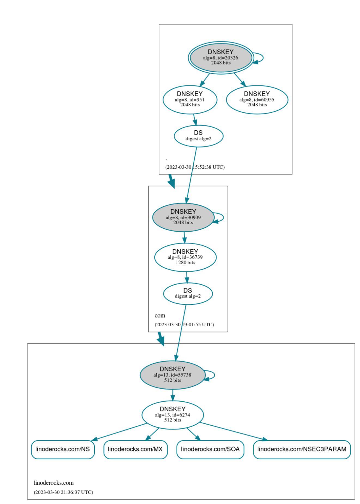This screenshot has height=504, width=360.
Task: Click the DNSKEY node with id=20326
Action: pos(221,57)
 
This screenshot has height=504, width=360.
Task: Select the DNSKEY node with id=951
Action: pos(190,99)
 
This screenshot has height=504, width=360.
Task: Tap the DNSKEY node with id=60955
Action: pos(257,99)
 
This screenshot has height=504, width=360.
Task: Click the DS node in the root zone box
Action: pos(199,136)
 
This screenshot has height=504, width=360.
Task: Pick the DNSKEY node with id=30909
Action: pos(183,217)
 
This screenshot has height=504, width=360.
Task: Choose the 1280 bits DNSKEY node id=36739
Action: pos(185,257)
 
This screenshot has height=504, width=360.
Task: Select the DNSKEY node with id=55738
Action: pos(172,374)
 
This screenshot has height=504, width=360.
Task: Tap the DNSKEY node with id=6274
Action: pos(172,414)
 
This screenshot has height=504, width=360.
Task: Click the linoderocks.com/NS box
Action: pos(63,449)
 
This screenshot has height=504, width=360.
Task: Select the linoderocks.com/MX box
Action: pos(135,449)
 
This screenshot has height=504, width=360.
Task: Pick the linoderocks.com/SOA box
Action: pos(210,449)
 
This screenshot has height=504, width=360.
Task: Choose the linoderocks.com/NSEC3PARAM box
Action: pos(302,449)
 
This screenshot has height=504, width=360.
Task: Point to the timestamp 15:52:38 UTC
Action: pos(195,167)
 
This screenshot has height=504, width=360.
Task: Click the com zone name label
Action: pos(160,316)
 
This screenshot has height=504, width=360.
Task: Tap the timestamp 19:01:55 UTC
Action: pos(184,325)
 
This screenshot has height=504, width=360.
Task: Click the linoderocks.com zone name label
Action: pos(54,483)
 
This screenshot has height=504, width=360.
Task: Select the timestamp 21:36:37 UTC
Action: pos(63,492)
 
